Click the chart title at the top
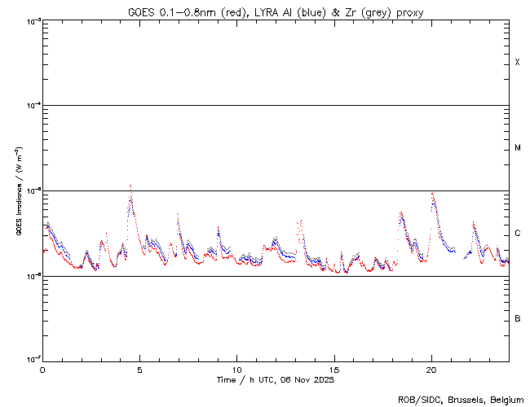pos(275,12)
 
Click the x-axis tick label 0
pos(42,369)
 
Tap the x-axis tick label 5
pos(139,369)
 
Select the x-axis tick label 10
pos(236,369)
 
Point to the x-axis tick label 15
pos(333,369)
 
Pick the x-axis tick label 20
pos(431,369)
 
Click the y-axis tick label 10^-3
pos(31,21)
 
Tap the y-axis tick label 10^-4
pos(31,106)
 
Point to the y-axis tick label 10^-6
pos(31,276)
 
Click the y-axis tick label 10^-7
pos(31,360)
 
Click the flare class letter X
pos(517,63)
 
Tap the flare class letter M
pos(517,148)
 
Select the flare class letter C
pos(517,234)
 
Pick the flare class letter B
pos(517,318)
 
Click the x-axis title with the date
pos(275,380)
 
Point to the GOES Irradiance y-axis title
pos(18,191)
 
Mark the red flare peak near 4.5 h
pos(130,186)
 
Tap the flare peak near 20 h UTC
pos(432,194)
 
